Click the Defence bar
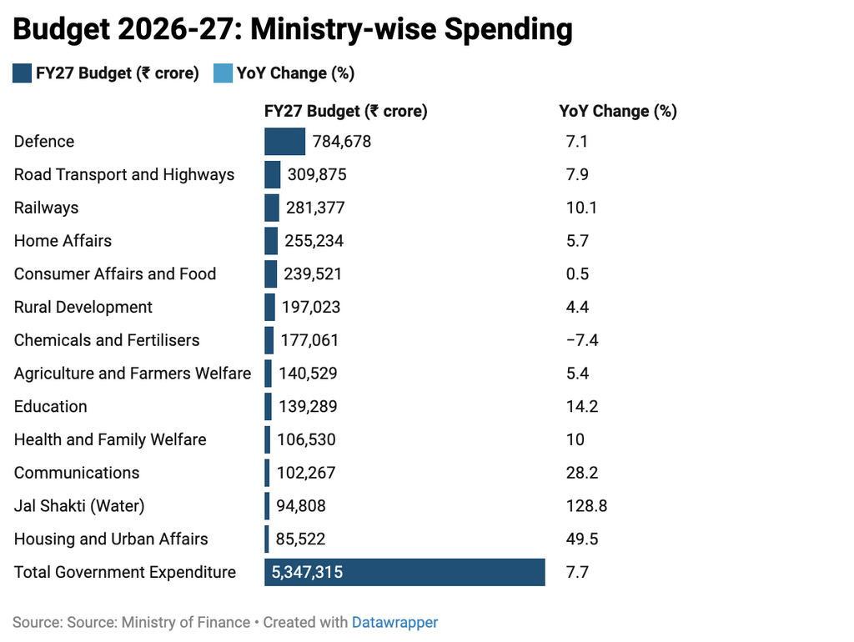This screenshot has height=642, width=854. point(284,142)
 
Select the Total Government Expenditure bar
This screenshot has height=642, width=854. point(404,573)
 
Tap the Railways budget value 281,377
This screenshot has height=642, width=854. point(316,208)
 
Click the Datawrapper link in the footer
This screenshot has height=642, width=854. point(394,622)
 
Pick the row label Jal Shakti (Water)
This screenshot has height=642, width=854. point(79,506)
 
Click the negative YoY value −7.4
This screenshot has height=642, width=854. point(582,340)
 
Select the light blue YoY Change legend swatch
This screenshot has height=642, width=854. point(223,73)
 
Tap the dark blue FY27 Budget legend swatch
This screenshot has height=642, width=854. point(22,73)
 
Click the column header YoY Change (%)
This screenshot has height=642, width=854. point(617,111)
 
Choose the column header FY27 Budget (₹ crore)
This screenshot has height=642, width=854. point(345,111)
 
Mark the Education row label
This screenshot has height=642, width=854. point(50,407)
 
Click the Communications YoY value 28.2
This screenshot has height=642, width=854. point(582,473)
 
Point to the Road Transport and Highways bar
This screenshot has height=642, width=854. point(273,175)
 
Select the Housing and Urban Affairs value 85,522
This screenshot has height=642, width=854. point(301,539)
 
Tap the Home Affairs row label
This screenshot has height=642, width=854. point(63,241)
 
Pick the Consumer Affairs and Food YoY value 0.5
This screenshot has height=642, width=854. point(577,274)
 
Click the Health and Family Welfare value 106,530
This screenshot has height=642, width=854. point(306,439)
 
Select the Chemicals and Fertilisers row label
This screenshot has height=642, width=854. point(107,340)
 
